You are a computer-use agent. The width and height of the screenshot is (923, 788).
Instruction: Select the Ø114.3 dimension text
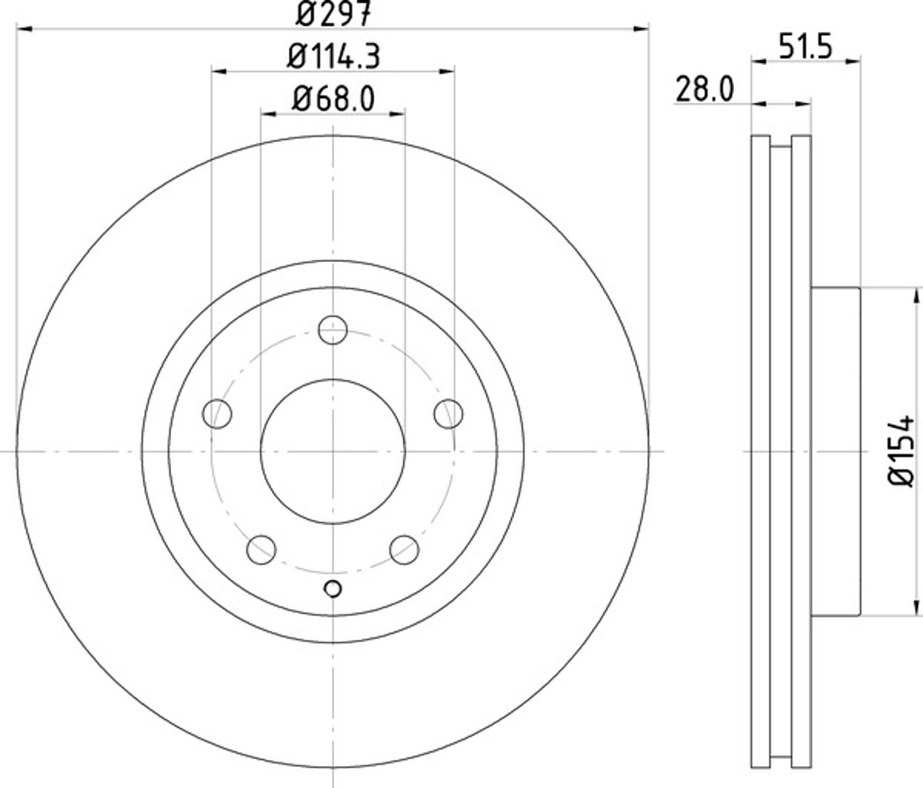pos(333,56)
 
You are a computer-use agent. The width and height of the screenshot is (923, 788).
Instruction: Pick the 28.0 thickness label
pos(704,89)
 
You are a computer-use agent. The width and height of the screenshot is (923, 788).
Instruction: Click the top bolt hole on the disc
pos(333,330)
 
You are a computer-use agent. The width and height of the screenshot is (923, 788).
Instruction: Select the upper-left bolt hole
pos(217,414)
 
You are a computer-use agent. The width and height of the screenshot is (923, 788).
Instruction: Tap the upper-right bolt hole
pos(448,414)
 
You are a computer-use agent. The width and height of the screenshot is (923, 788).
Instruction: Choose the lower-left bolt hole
pos(261,550)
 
